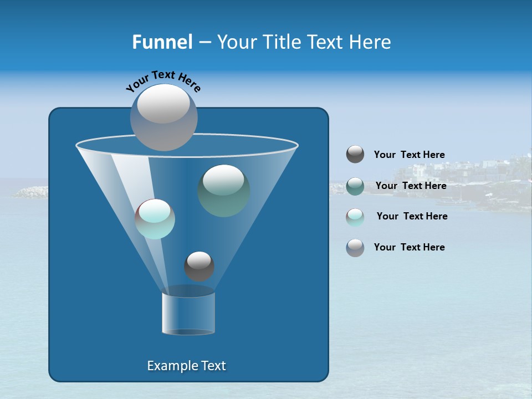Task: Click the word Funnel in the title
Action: point(162,42)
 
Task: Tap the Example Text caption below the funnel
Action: point(186,366)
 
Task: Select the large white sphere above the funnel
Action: point(163,117)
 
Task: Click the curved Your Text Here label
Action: point(163,80)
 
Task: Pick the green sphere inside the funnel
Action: point(223,190)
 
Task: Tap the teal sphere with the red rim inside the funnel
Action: point(155,219)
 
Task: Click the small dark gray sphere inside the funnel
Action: point(199,266)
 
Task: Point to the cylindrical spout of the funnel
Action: point(188,313)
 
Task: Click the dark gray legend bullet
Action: point(355,155)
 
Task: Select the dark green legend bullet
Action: point(355,186)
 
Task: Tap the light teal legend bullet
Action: point(355,217)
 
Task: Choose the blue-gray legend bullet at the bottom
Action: point(355,248)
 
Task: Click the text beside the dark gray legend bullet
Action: point(409,155)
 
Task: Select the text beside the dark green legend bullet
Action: point(411,186)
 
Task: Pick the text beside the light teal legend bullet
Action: point(412,217)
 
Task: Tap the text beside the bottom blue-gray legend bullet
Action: point(409,248)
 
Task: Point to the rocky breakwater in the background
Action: point(30,192)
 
